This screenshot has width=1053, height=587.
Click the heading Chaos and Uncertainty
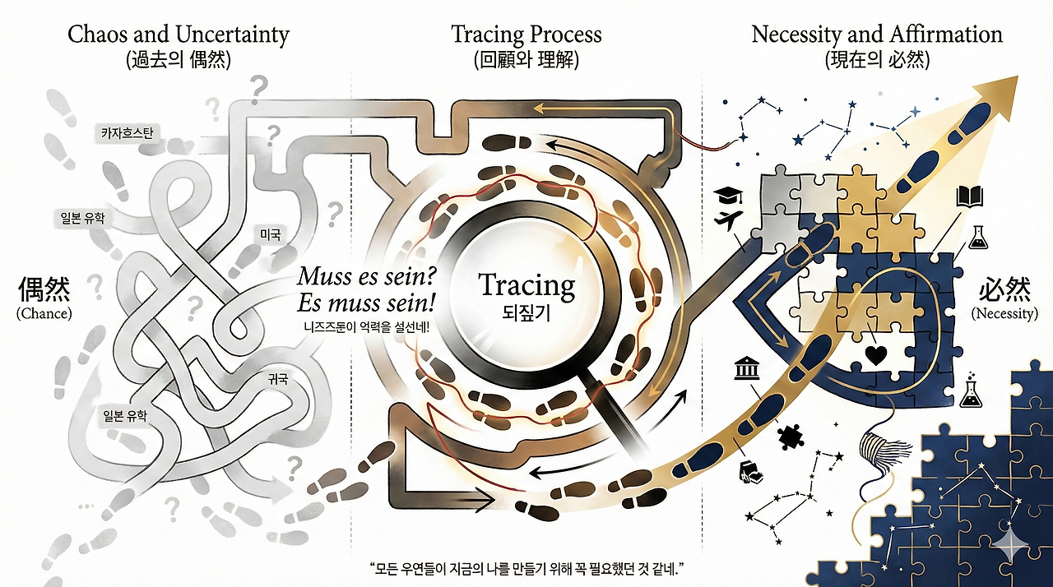[x=179, y=35]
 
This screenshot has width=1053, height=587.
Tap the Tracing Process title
[x=526, y=35]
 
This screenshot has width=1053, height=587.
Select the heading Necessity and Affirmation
[x=877, y=35]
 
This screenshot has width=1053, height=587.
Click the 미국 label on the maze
[x=270, y=234]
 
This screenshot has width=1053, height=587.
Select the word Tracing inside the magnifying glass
[x=527, y=285]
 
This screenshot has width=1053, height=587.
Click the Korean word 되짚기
[x=526, y=313]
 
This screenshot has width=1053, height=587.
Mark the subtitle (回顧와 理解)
[x=526, y=60]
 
